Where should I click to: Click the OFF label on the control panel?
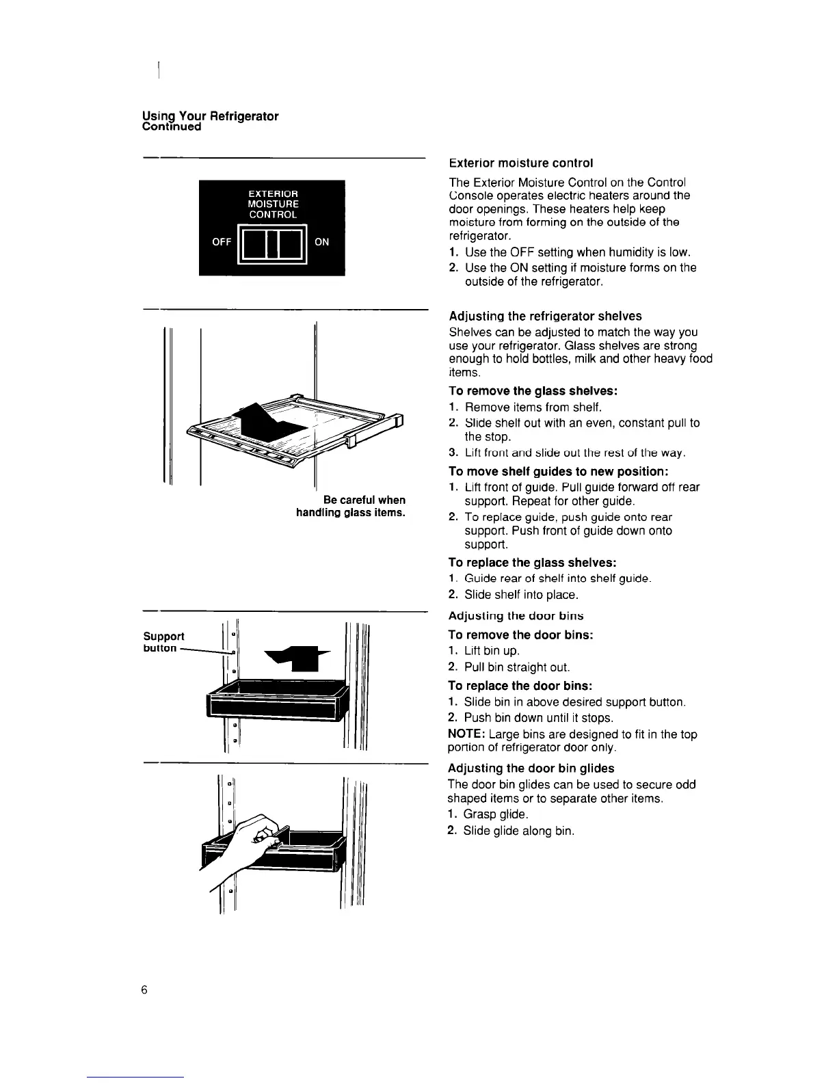click(222, 241)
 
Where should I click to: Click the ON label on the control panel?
click(321, 241)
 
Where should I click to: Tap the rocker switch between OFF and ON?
click(271, 243)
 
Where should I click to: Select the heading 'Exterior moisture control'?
click(520, 163)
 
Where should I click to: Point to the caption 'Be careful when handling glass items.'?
click(351, 506)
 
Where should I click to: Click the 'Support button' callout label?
click(163, 641)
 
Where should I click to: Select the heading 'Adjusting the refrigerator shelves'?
click(545, 316)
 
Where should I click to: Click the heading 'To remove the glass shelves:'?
click(533, 391)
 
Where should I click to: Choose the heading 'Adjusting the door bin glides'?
click(531, 768)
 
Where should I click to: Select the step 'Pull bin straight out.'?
click(516, 667)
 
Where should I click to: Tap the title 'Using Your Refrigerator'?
click(210, 116)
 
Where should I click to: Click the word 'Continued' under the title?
click(171, 127)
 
